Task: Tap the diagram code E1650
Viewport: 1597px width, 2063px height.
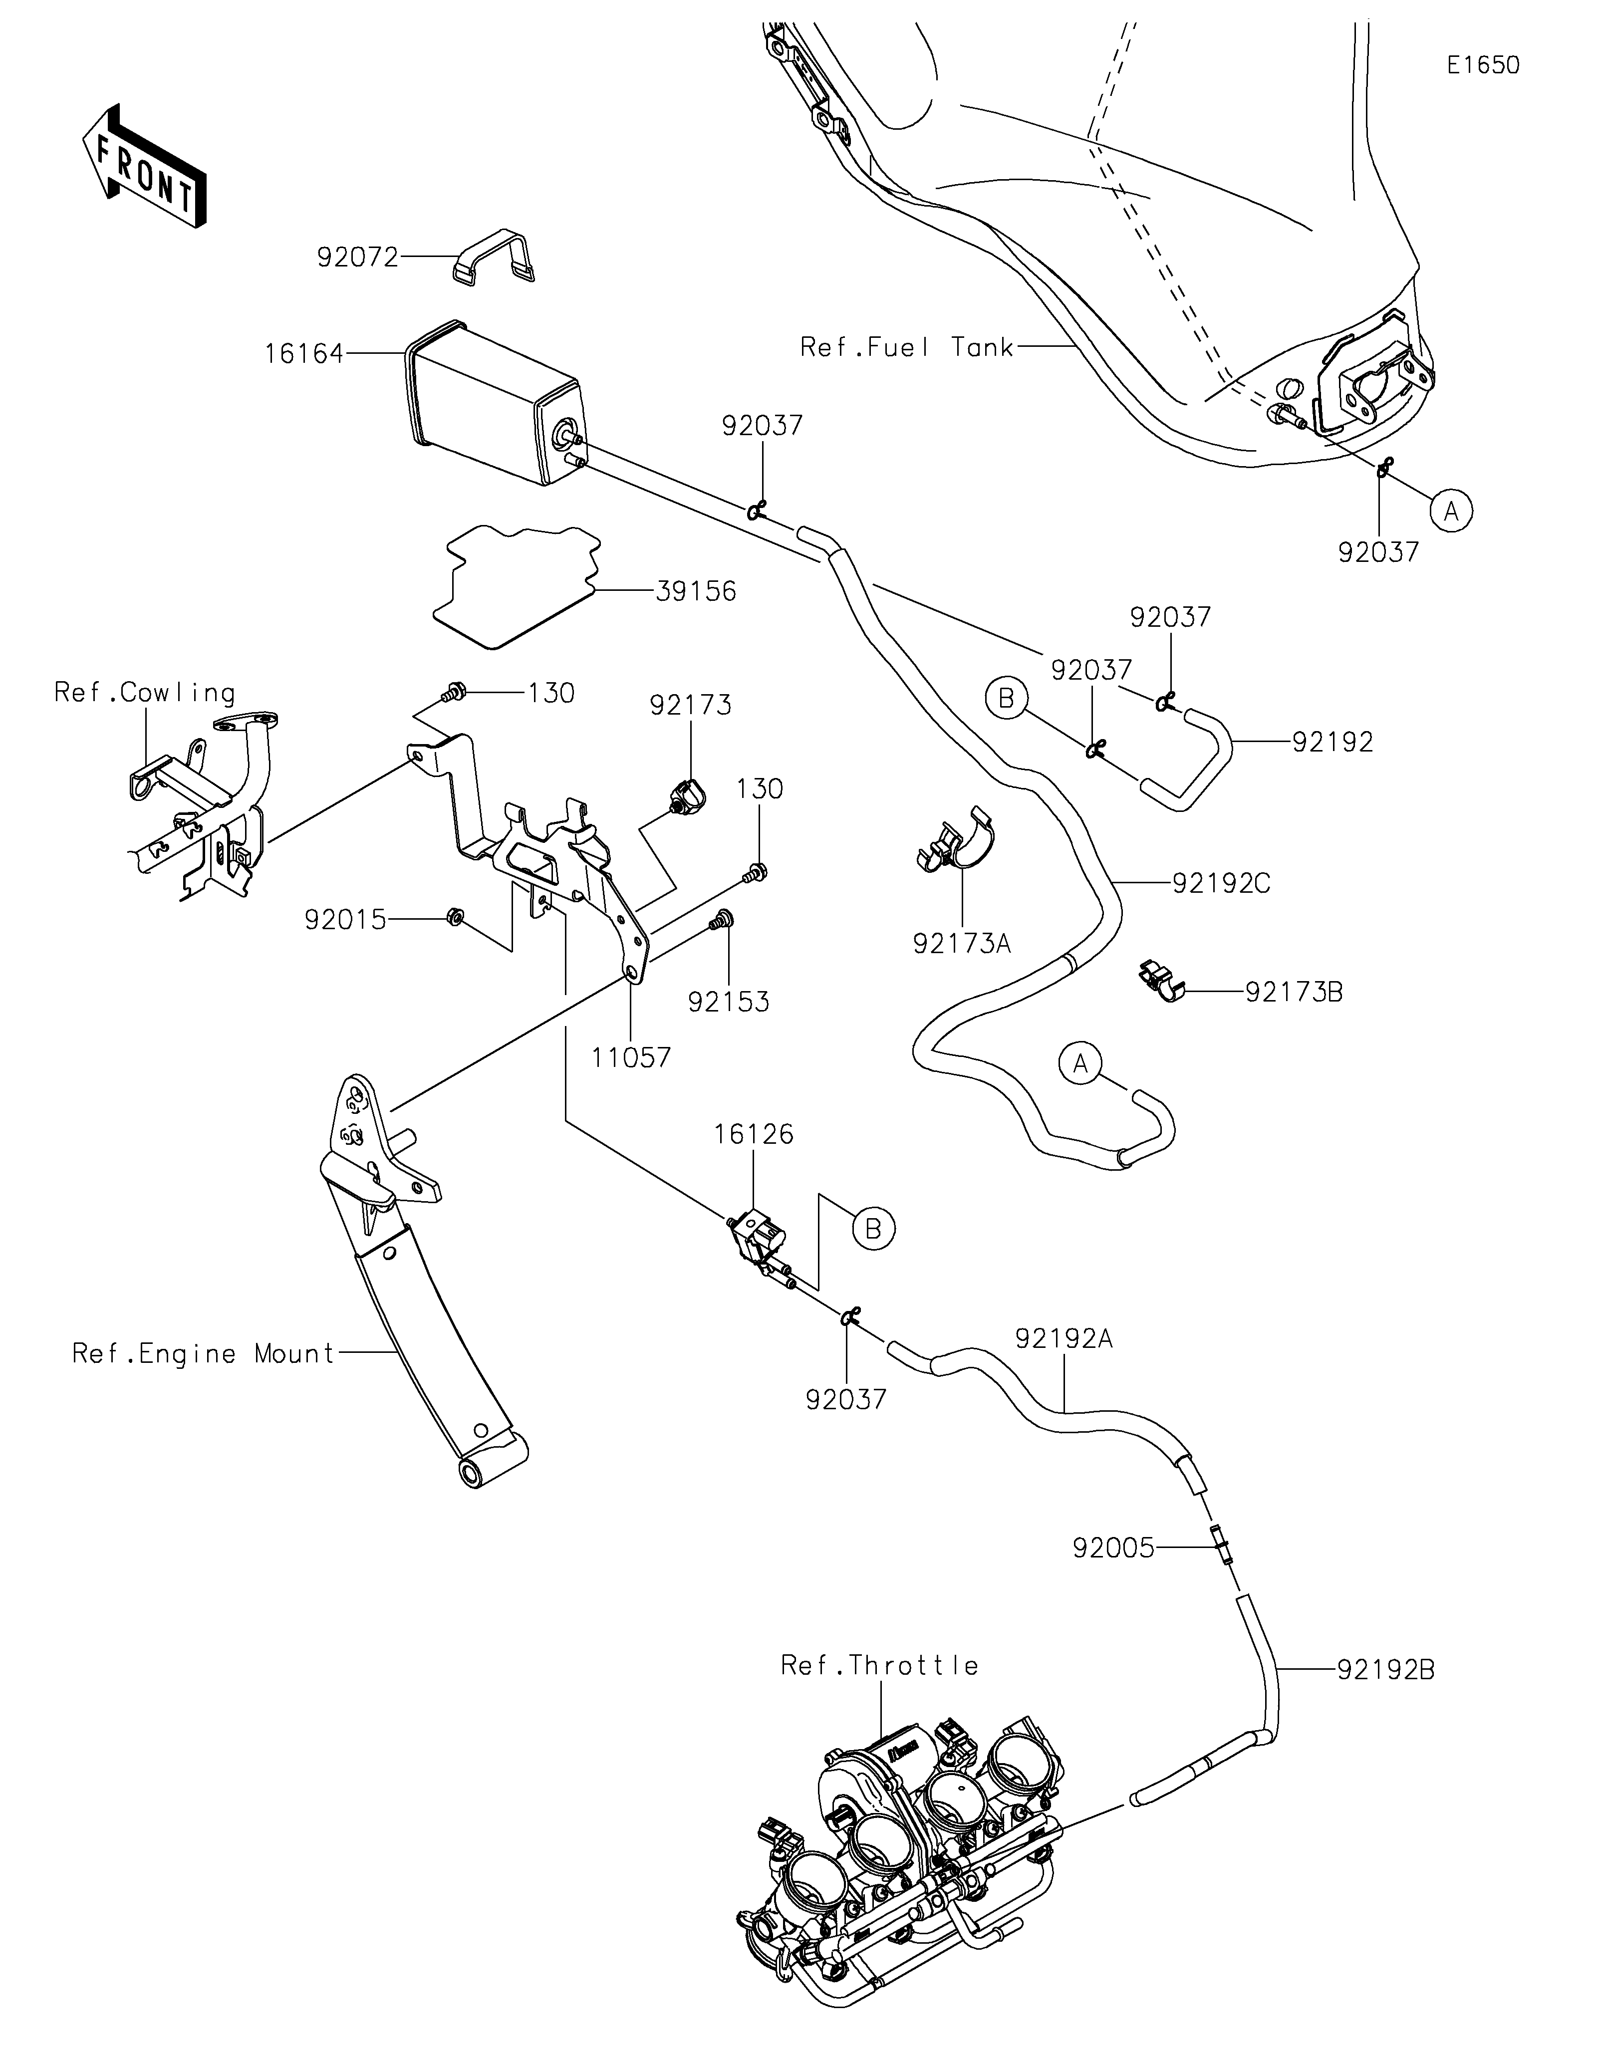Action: point(1483,65)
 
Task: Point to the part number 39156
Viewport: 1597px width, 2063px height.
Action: point(696,592)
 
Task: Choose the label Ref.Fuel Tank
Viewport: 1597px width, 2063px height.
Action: point(906,348)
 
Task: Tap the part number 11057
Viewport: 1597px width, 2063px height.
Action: point(631,1058)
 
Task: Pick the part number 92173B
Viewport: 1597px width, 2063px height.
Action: point(1294,992)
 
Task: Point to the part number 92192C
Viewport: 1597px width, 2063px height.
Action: point(1221,883)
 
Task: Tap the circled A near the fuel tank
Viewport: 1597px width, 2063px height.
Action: point(1452,511)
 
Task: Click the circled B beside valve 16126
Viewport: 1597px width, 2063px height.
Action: point(873,1229)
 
